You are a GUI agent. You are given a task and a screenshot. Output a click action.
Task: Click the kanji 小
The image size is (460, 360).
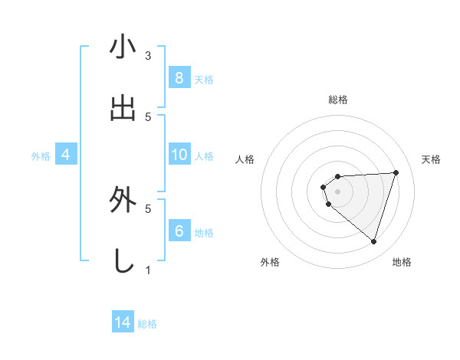click(123, 47)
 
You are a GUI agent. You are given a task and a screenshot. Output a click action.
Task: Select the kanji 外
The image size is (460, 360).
click(123, 201)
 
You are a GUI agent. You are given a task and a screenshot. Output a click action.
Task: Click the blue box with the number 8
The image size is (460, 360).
click(179, 77)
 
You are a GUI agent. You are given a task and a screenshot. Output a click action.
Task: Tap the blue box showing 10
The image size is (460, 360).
click(179, 155)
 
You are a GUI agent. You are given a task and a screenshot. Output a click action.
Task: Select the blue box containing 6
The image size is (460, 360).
click(179, 231)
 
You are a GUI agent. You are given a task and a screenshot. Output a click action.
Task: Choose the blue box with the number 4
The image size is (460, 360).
click(66, 155)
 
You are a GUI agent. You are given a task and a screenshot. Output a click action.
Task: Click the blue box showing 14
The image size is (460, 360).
click(123, 322)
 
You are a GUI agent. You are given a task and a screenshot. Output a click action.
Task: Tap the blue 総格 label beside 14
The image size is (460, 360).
click(147, 324)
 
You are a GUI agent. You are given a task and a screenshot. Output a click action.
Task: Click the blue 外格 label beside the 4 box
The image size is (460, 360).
click(41, 156)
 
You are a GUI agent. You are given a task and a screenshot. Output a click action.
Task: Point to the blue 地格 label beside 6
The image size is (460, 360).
click(204, 233)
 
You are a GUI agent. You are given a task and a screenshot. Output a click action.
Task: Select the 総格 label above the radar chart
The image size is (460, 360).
click(338, 100)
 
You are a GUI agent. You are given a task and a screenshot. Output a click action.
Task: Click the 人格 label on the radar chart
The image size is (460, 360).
click(245, 159)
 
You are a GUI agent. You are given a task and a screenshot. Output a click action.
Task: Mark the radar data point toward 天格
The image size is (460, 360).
click(396, 172)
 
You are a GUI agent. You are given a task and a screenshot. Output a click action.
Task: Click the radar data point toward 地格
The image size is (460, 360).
click(373, 241)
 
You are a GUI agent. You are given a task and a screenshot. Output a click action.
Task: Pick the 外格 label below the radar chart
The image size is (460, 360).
click(270, 262)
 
